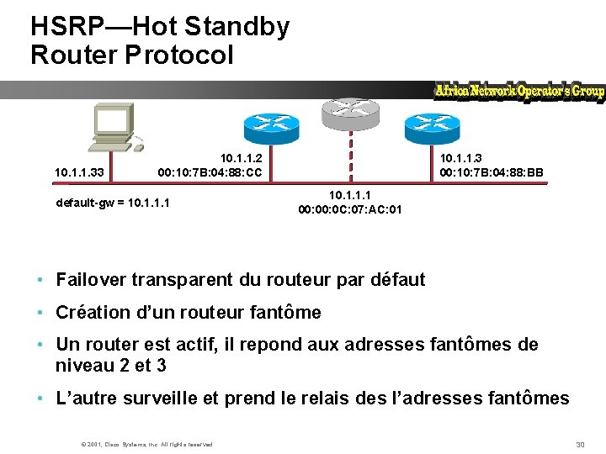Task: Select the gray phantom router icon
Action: click(x=350, y=110)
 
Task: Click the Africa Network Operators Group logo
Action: click(x=519, y=92)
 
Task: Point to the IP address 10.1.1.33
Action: click(x=79, y=173)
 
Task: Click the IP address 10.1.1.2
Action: click(x=242, y=157)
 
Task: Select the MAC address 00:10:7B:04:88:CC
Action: click(x=210, y=173)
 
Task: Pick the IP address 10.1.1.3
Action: click(x=461, y=157)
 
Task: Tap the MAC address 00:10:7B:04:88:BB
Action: click(x=492, y=173)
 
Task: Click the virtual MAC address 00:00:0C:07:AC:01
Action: click(x=350, y=209)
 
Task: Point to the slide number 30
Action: click(x=579, y=444)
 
